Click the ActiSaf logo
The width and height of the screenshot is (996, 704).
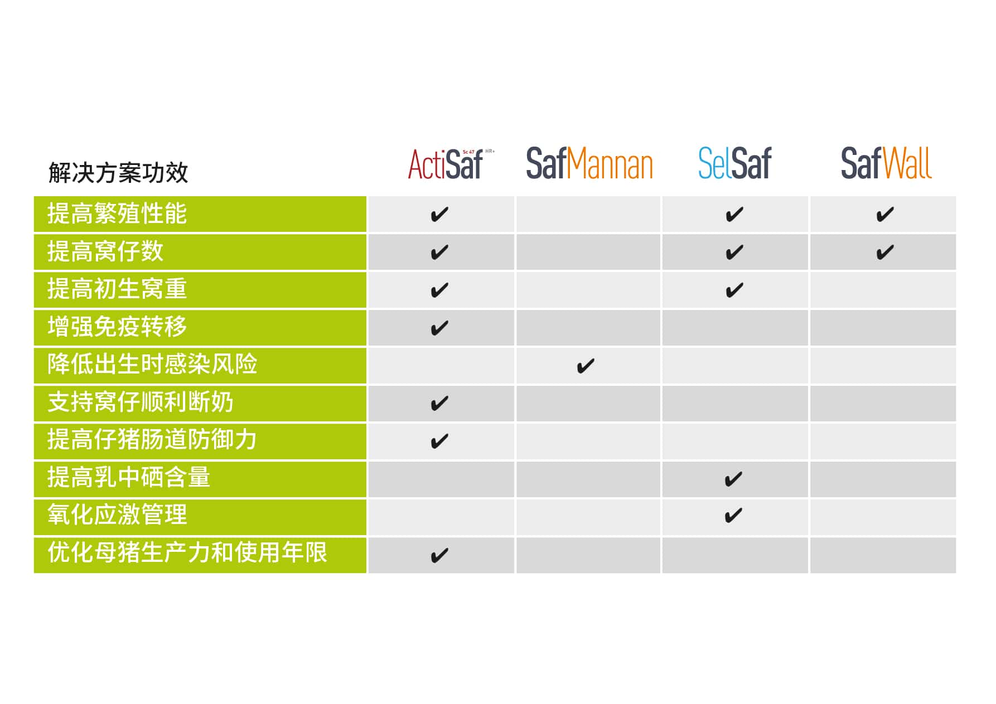point(451,164)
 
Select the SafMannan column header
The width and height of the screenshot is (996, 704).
point(589,164)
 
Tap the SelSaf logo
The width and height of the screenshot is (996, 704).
point(734,163)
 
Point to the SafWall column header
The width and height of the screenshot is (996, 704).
point(886,163)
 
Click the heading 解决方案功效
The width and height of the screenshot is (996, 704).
point(118,173)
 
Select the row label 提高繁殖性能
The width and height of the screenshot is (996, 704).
point(117,214)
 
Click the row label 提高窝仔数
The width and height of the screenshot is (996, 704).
point(105,251)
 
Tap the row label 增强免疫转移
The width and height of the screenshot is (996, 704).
point(117,327)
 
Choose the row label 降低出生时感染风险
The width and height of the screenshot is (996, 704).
point(152,365)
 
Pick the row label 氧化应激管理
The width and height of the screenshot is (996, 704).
point(117,515)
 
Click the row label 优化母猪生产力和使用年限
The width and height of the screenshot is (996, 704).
point(187,553)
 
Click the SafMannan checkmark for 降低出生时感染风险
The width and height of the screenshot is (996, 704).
point(586,366)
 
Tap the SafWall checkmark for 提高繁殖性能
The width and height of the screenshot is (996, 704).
point(885,215)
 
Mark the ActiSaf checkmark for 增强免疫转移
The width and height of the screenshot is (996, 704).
point(439,328)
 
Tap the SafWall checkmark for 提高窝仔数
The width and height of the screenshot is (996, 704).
point(885,253)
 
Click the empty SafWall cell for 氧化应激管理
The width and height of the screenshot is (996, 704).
point(883,517)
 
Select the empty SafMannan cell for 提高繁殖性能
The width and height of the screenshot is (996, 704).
point(588,214)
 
